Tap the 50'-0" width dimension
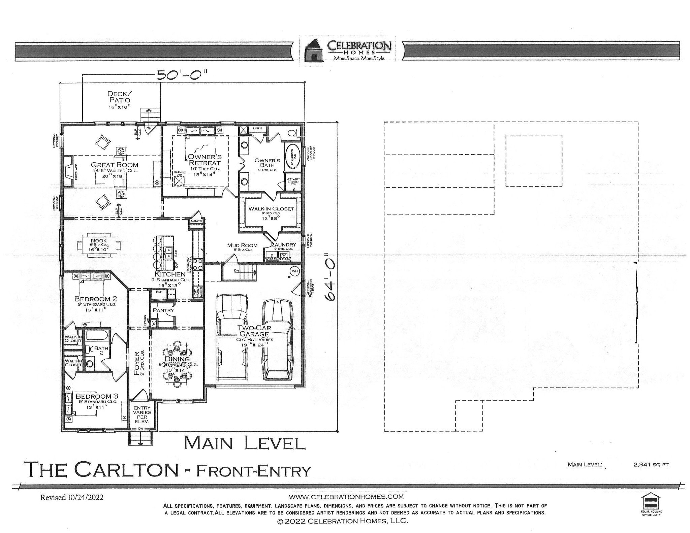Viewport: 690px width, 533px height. [x=182, y=75]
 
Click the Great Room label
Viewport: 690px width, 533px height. [x=115, y=165]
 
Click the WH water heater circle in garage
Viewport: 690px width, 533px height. [x=295, y=271]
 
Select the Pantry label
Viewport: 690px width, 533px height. [x=163, y=310]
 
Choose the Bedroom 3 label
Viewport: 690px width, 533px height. [x=96, y=396]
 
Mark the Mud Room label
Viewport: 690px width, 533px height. [x=242, y=245]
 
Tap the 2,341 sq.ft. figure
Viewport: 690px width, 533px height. [x=652, y=465]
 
